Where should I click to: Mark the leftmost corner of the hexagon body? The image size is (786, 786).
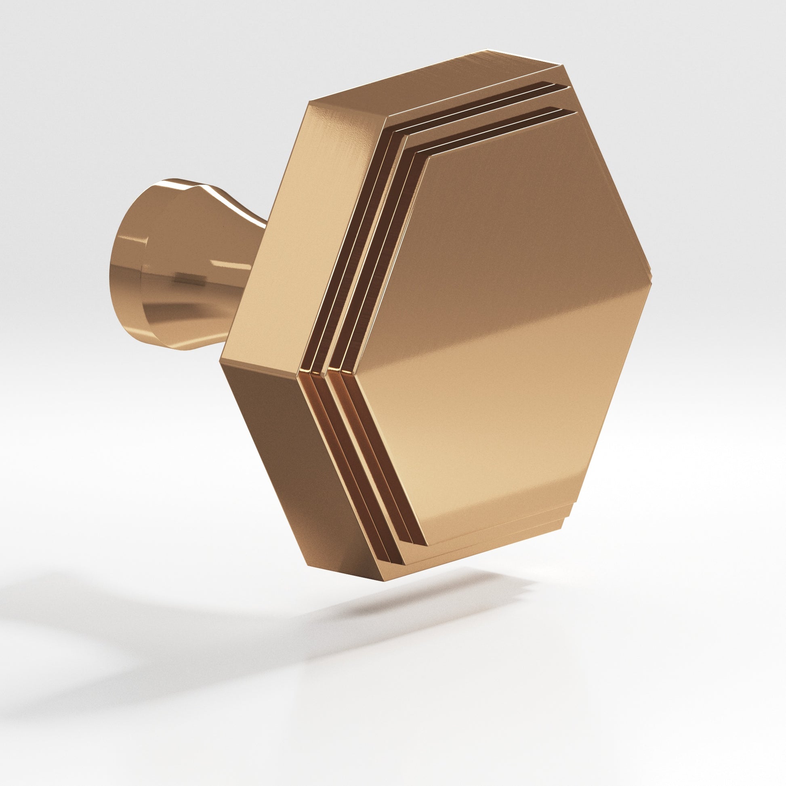[221, 359]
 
